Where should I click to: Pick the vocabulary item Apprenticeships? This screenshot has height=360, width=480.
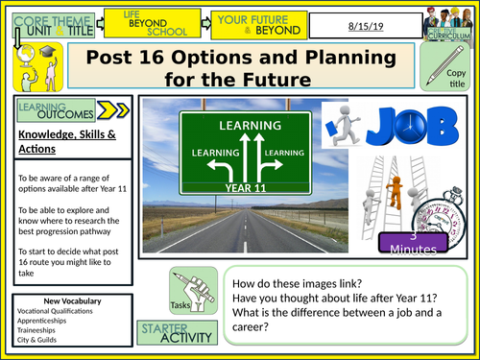[x=41, y=322]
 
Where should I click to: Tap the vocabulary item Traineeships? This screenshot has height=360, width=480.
[x=37, y=331]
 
